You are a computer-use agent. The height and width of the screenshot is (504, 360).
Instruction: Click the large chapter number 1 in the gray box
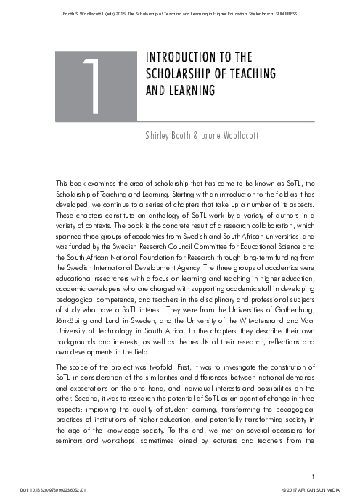tap(90, 85)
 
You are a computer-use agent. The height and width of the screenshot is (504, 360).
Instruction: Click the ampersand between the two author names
tap(202, 135)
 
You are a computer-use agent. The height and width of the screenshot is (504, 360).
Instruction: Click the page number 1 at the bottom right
tap(313, 476)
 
